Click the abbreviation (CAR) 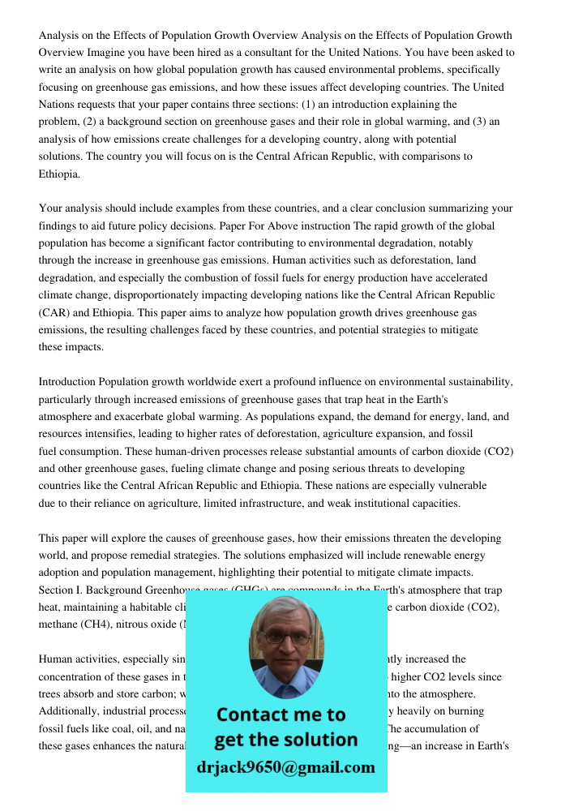(55, 312)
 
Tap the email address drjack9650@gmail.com (285, 767)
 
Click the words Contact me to (281, 714)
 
